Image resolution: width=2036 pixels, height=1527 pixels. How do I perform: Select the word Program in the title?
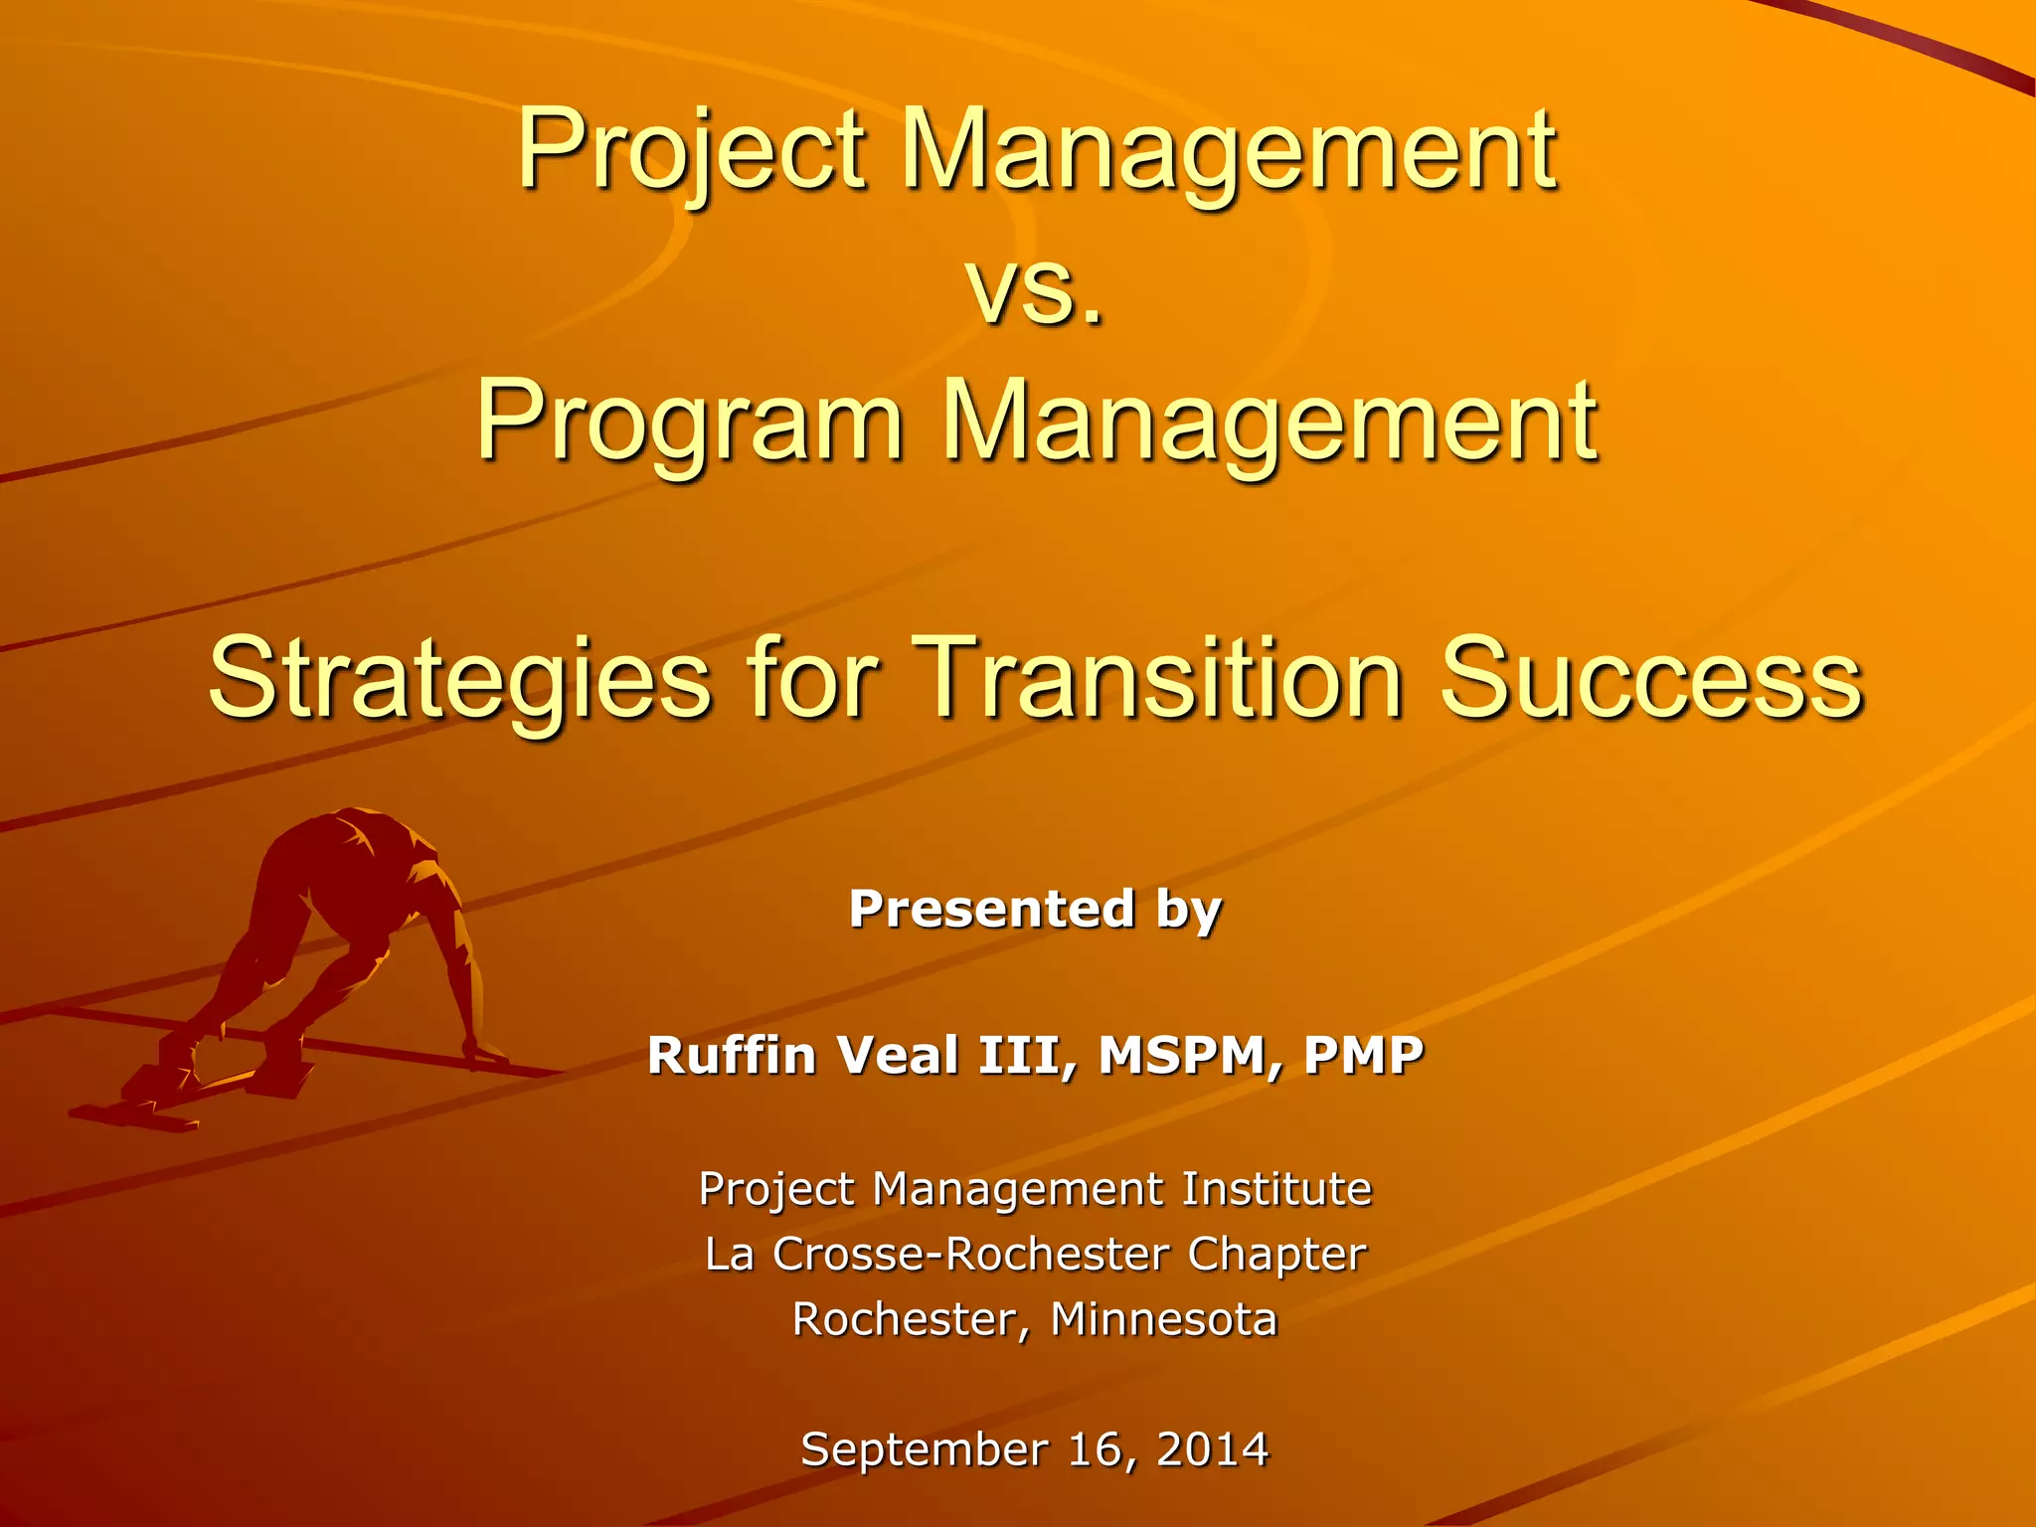click(x=690, y=422)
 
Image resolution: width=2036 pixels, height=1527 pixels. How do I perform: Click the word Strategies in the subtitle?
click(x=459, y=680)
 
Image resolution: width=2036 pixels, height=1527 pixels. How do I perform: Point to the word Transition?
click(x=1158, y=680)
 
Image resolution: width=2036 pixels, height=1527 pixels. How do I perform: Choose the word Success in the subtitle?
click(x=1650, y=680)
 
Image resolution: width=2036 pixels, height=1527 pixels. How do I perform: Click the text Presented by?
click(x=1035, y=909)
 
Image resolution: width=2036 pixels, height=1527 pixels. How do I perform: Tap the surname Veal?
click(x=900, y=1055)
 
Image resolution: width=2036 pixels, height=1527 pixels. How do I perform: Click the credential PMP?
click(x=1363, y=1055)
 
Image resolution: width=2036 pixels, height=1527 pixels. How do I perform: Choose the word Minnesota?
click(x=1163, y=1320)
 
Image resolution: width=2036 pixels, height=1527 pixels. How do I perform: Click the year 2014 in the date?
click(x=1213, y=1449)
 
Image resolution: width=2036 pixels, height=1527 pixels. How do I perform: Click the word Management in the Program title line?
click(x=1269, y=422)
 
